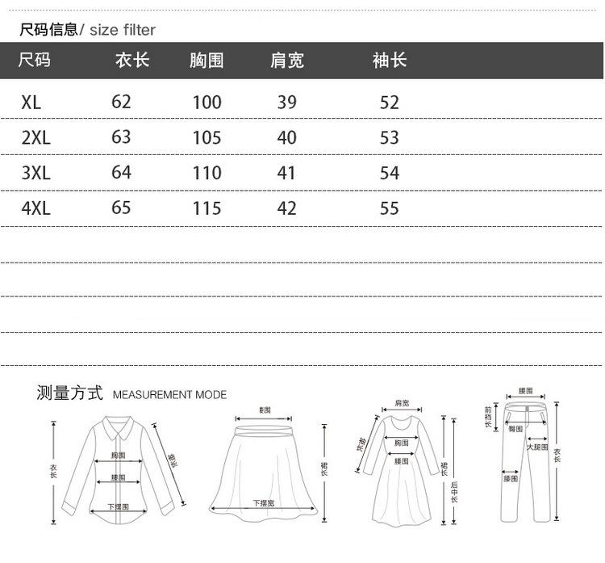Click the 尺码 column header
coord(34,61)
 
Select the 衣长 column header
coord(132,61)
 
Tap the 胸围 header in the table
coord(207,61)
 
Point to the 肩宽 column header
coord(286,61)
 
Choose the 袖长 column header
coord(390,61)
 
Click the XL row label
coord(31,103)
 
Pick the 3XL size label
coord(35,173)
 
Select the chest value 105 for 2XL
coord(207,137)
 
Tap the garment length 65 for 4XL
coord(121,208)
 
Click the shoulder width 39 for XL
coord(286,103)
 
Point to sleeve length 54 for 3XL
coord(390,173)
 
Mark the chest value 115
coord(207,208)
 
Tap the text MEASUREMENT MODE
coord(169,395)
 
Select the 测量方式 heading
coord(70,393)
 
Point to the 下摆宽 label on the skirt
coord(264,503)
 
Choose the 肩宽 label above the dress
coord(401,402)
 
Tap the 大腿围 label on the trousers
coord(537,447)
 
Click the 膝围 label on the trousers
coord(511,479)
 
